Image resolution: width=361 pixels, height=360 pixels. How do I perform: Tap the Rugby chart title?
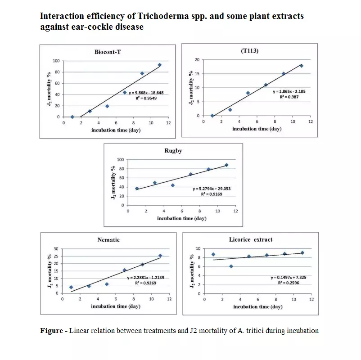[x=173, y=151]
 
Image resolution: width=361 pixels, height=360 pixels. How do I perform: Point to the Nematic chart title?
[x=108, y=240]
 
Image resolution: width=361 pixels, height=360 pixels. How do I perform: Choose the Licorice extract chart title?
[x=251, y=239]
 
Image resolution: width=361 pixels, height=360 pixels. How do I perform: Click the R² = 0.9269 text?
[x=148, y=283]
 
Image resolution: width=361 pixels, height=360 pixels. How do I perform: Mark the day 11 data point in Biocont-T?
[x=159, y=65]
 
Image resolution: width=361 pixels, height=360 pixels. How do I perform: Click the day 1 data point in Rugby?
[x=137, y=189]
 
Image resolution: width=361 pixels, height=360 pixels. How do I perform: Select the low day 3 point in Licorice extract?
[x=231, y=266]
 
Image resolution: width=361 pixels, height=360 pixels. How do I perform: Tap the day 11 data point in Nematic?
[x=160, y=256]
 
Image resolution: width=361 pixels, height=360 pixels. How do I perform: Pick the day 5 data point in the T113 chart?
[x=248, y=93]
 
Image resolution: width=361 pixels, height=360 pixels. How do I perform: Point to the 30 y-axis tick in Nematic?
[x=56, y=249]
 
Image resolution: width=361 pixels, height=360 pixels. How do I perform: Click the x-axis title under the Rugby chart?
[x=182, y=218]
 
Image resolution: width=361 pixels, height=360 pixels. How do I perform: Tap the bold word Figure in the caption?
[x=51, y=331]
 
